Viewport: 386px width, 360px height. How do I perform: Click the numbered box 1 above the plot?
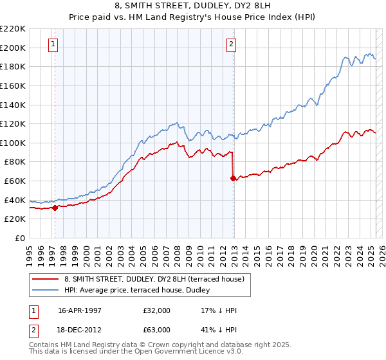click(x=52, y=44)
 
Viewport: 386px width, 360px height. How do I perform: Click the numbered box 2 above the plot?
click(x=231, y=44)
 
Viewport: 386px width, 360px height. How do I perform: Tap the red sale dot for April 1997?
click(x=55, y=208)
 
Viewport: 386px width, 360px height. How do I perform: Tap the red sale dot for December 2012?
click(x=234, y=178)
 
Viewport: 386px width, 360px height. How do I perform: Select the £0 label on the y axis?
click(x=20, y=238)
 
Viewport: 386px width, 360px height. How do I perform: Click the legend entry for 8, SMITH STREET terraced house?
click(x=154, y=279)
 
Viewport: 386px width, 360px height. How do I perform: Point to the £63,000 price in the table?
click(x=157, y=329)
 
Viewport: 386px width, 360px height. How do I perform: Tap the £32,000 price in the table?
click(x=157, y=310)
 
